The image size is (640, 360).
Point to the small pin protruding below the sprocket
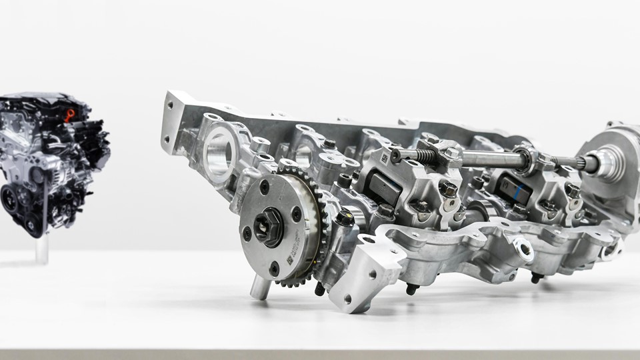[x=257, y=288]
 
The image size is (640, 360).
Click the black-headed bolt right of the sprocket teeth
[x=344, y=218]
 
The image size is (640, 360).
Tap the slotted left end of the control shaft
[x=397, y=155]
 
